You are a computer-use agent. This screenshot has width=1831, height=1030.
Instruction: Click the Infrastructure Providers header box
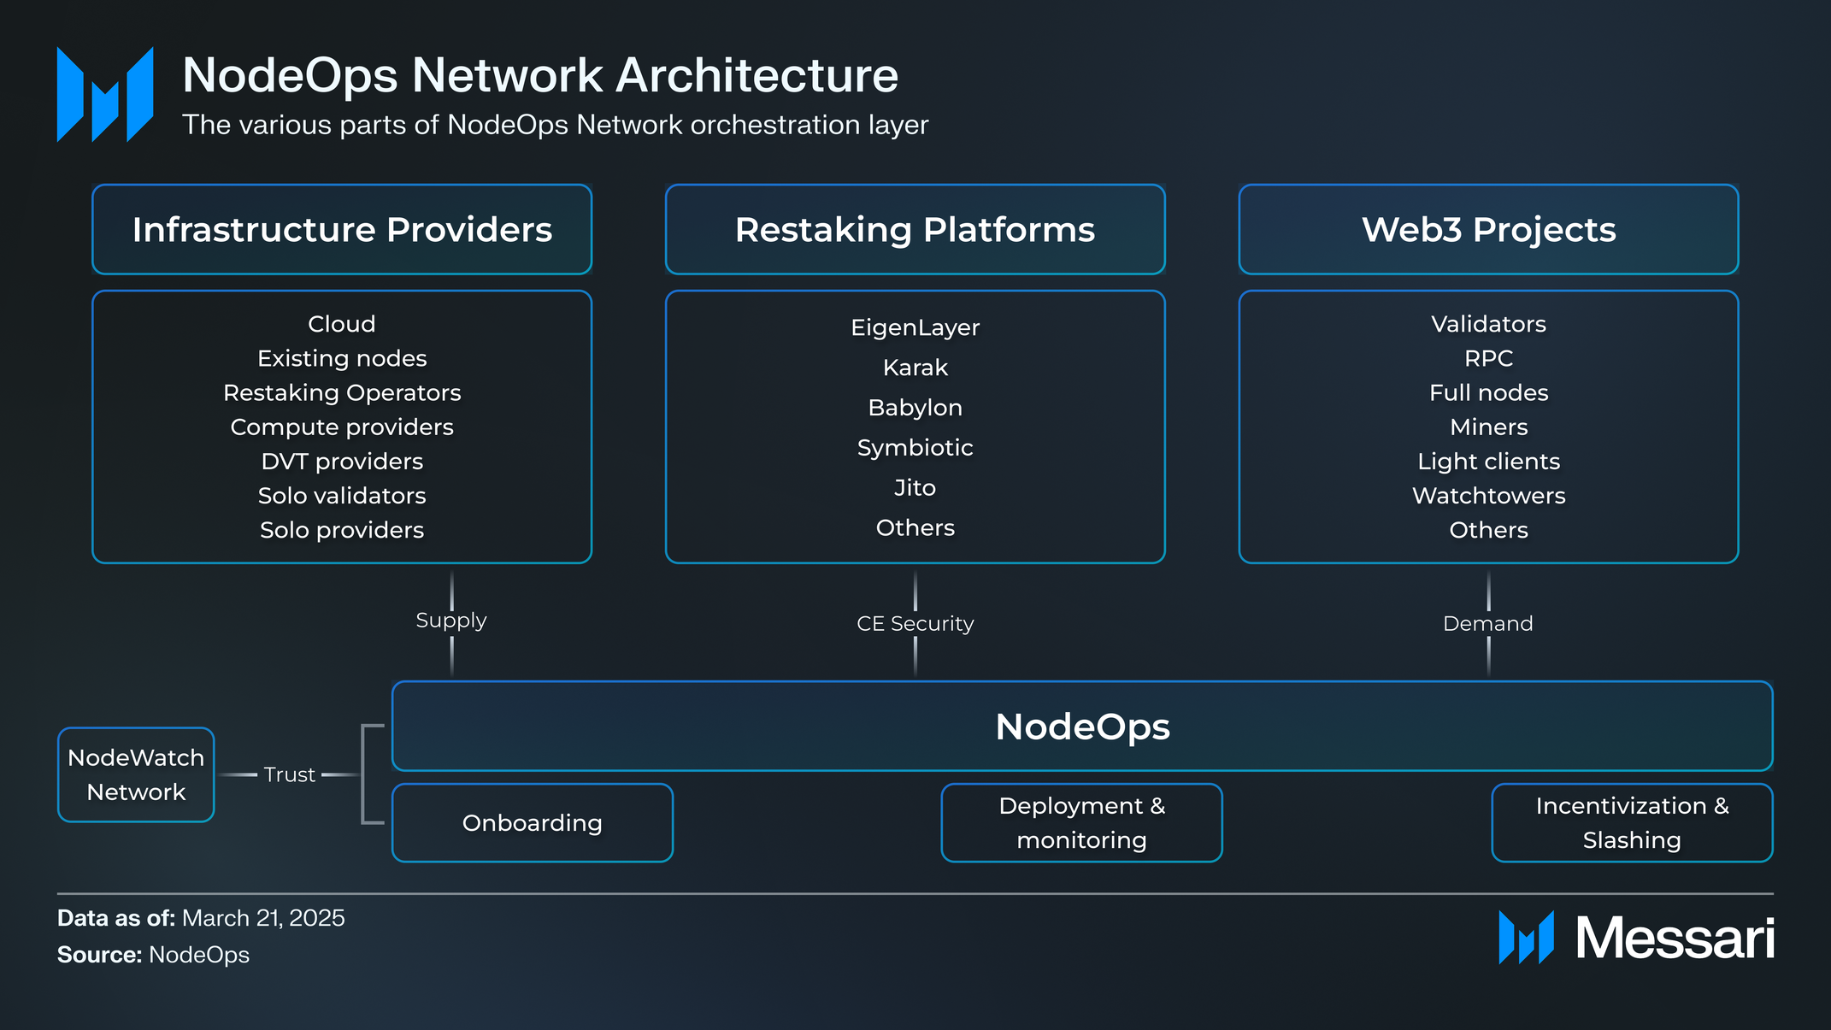(x=342, y=229)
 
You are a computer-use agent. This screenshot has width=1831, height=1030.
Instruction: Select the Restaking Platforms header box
(x=915, y=229)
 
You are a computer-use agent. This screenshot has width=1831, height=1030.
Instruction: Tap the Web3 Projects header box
(x=1488, y=229)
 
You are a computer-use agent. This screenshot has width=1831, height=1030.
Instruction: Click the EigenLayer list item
(x=915, y=327)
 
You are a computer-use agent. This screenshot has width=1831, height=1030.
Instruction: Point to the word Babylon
(x=915, y=408)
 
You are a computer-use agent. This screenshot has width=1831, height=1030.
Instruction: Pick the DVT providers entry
(x=342, y=462)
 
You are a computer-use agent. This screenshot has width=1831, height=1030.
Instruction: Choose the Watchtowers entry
(x=1488, y=496)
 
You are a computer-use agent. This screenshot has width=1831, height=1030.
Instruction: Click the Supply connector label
(x=451, y=621)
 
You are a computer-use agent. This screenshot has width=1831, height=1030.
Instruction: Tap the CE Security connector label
(x=915, y=624)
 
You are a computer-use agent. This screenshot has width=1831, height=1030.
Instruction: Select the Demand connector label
(x=1487, y=624)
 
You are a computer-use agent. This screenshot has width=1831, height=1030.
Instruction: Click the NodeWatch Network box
(x=136, y=774)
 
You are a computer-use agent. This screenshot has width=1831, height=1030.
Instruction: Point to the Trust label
(x=289, y=774)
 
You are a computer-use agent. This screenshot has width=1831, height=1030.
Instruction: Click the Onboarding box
(x=532, y=822)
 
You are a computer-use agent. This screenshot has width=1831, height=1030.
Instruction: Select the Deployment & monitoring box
(x=1081, y=822)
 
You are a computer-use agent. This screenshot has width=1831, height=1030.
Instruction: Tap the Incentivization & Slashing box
(x=1631, y=822)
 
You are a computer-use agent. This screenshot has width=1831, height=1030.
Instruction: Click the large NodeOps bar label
(x=1082, y=727)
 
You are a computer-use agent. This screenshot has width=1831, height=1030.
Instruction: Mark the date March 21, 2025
(x=263, y=918)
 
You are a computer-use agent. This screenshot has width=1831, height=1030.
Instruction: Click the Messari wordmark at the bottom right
(x=1674, y=939)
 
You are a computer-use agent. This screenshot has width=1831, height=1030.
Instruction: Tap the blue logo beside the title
(x=105, y=95)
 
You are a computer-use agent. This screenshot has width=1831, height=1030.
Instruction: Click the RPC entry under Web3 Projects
(x=1488, y=359)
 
